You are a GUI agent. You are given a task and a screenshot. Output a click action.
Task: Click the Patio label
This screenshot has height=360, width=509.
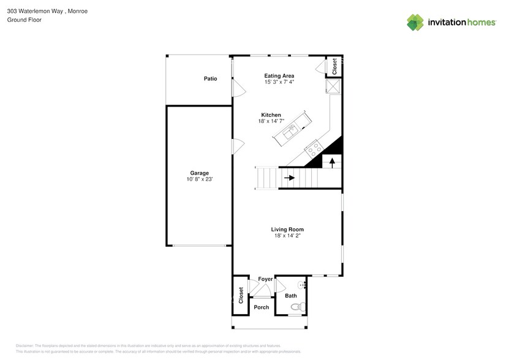[x=211, y=79]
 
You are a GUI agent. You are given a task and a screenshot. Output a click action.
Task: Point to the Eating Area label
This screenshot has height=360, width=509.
[x=279, y=76]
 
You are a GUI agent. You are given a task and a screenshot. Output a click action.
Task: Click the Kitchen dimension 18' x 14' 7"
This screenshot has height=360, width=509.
[x=271, y=121]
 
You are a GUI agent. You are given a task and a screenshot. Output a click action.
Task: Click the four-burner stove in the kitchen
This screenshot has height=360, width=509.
[x=314, y=147]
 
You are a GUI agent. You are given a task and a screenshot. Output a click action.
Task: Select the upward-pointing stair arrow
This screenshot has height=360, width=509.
[x=332, y=162]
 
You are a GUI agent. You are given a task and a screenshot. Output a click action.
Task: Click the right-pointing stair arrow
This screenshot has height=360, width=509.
[x=289, y=178]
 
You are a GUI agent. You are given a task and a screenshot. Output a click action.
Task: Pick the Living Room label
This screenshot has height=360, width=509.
[x=287, y=230]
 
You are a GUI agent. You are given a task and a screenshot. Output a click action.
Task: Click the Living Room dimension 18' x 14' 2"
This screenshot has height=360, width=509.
[x=287, y=236]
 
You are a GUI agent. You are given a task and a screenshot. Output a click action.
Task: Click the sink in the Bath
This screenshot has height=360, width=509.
[x=301, y=285]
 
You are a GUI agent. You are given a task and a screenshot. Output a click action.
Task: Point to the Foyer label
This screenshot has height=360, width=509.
[x=265, y=279]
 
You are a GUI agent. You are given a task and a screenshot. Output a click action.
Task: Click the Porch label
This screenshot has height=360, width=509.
[x=261, y=307]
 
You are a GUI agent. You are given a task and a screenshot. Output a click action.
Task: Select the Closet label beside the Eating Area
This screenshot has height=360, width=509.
[x=334, y=67]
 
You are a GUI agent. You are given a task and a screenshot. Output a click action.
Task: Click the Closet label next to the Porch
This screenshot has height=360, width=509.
[x=241, y=295]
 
